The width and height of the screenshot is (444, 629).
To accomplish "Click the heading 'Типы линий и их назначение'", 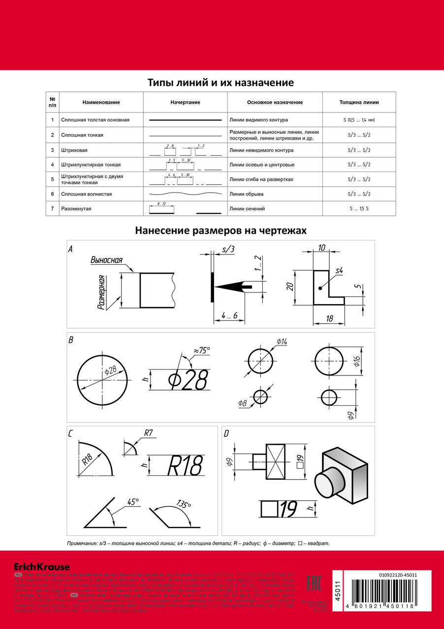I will point(221,83).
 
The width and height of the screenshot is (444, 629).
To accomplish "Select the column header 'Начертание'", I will point(185,102).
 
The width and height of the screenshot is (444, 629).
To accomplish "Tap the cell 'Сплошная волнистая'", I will point(86,194).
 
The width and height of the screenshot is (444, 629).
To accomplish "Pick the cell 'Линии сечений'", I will point(248,209).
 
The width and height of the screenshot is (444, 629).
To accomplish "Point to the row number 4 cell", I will point(52,165).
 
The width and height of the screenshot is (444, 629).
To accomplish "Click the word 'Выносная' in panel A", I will point(106,260).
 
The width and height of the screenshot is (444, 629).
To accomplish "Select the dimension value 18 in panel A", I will point(329,319).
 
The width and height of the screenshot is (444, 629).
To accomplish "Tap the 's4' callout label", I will point(339,271).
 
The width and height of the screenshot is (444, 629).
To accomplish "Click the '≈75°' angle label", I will point(201,350).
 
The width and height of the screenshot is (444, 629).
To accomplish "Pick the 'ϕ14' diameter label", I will point(282,342).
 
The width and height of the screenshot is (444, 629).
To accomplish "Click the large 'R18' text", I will point(185,465).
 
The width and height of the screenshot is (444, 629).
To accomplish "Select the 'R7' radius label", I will point(149,433).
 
